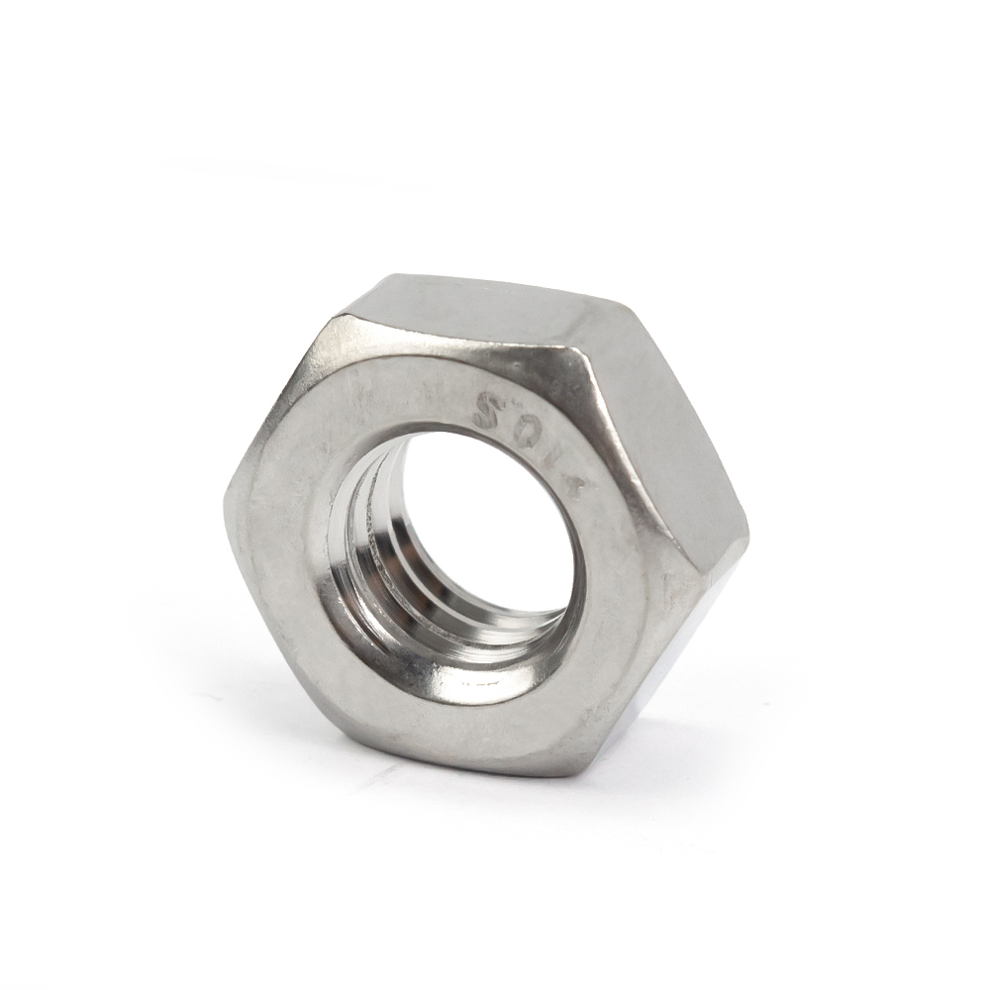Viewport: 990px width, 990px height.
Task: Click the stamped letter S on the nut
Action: coord(488,410)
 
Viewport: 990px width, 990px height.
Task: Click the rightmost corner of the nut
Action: coord(748,535)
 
